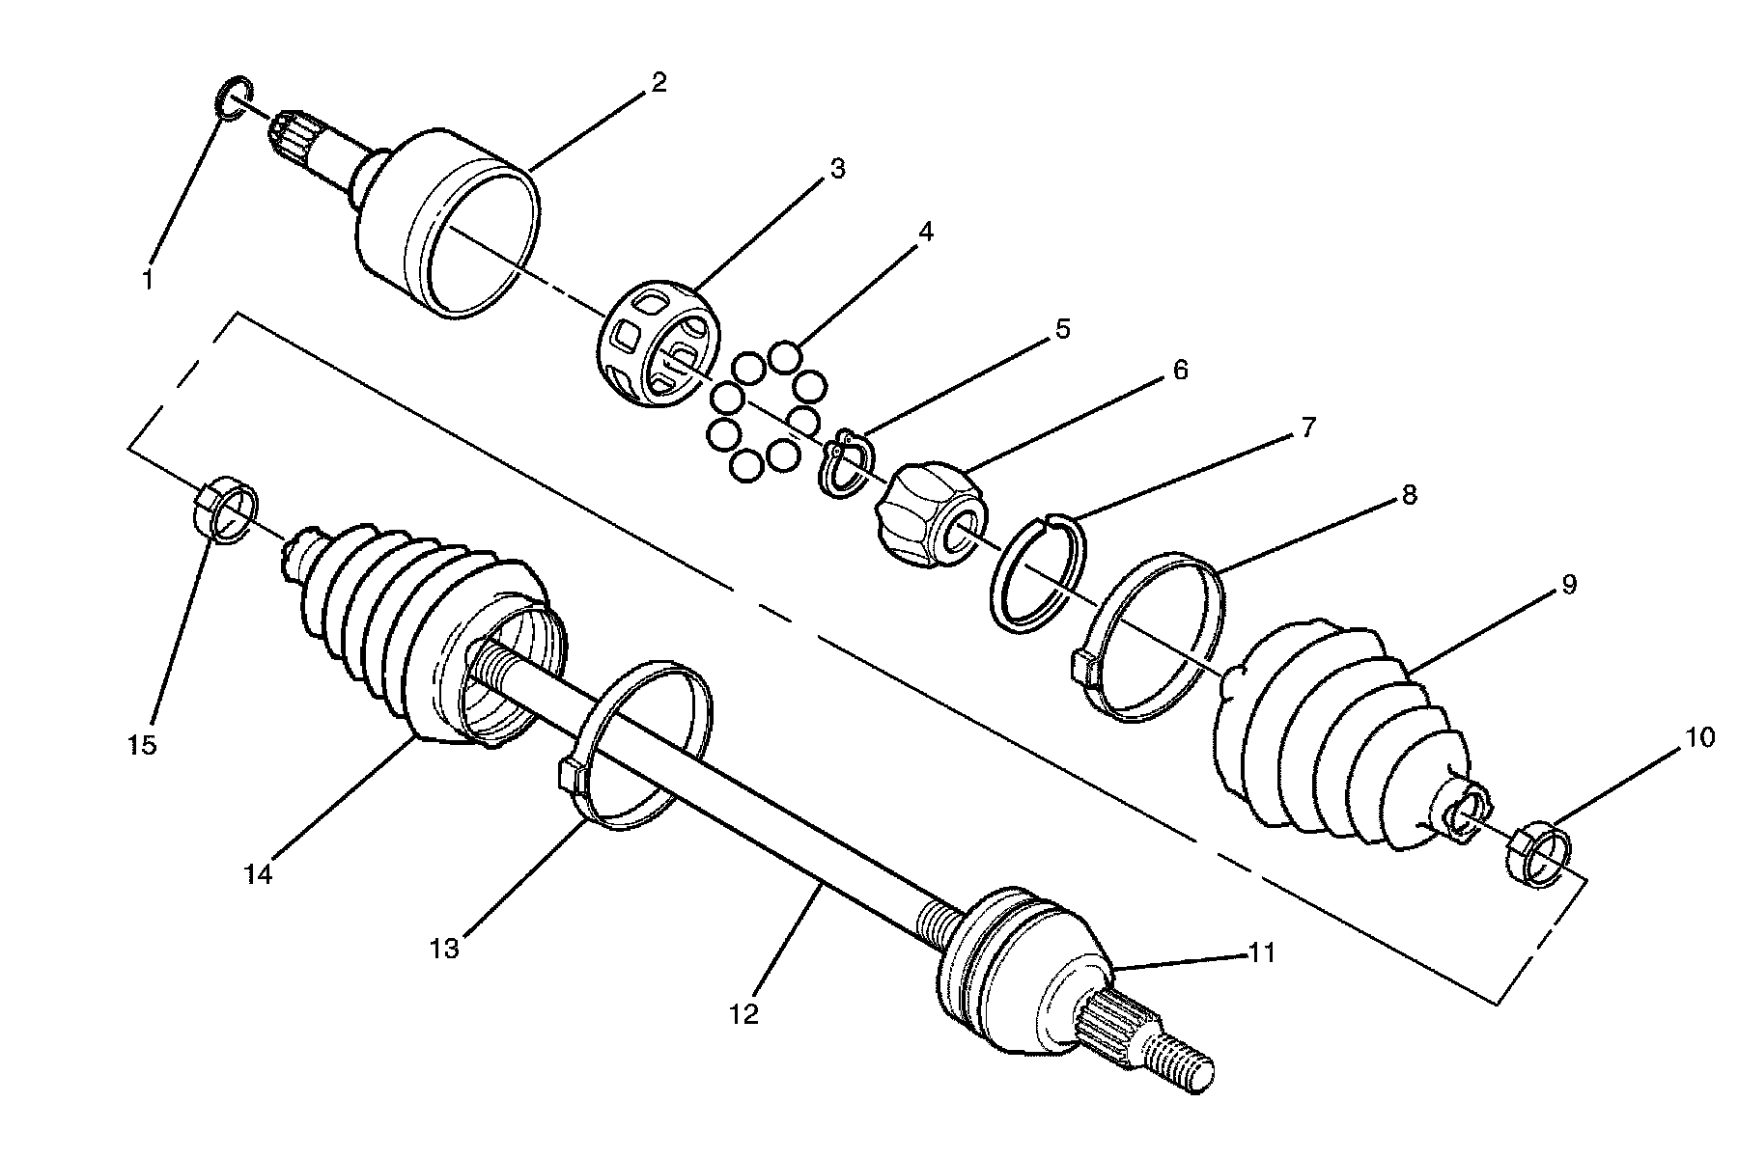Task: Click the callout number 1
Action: (x=147, y=280)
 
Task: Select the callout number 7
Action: (x=1308, y=427)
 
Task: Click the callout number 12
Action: (x=744, y=1014)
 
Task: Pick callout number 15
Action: (x=141, y=746)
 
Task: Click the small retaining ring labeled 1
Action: (x=233, y=99)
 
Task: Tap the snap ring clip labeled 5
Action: (x=848, y=465)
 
